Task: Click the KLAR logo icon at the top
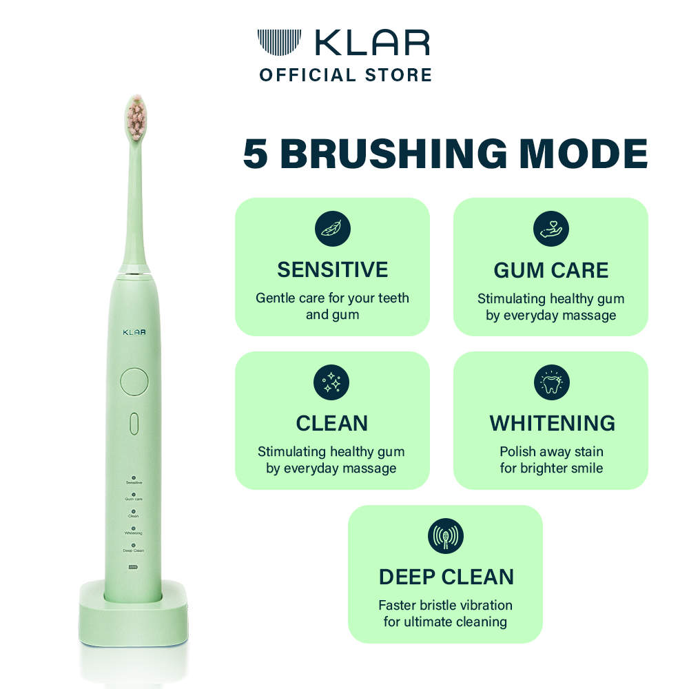point(279,43)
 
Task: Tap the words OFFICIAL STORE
point(345,75)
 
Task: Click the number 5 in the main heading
point(256,155)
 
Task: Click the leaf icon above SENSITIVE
point(333,229)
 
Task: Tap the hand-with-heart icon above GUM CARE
point(551,229)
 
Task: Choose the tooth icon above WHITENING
point(551,382)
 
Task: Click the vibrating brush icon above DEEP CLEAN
point(446,536)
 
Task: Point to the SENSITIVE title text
point(333,269)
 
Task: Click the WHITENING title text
point(552,423)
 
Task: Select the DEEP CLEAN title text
point(446,577)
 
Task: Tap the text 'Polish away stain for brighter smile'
point(551,460)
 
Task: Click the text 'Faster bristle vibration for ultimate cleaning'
point(446,613)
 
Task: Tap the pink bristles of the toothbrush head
point(136,115)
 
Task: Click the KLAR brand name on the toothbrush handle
point(134,333)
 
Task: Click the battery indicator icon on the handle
point(134,567)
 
